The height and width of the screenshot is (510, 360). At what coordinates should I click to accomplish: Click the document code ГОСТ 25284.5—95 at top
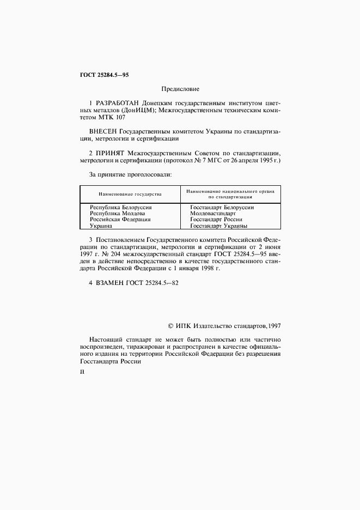coord(104,74)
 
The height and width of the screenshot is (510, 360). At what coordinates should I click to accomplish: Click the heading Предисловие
coord(180,88)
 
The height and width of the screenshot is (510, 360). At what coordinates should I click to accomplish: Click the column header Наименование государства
coord(130,195)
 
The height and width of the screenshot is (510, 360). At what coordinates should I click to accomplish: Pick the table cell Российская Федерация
coord(120,220)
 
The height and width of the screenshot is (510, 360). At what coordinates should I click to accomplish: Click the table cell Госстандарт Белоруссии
coord(222,208)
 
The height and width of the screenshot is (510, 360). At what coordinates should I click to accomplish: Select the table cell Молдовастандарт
coord(213,214)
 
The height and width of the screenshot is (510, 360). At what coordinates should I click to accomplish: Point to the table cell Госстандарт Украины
coord(218,226)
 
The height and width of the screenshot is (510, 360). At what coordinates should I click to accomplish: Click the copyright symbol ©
coord(171,326)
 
